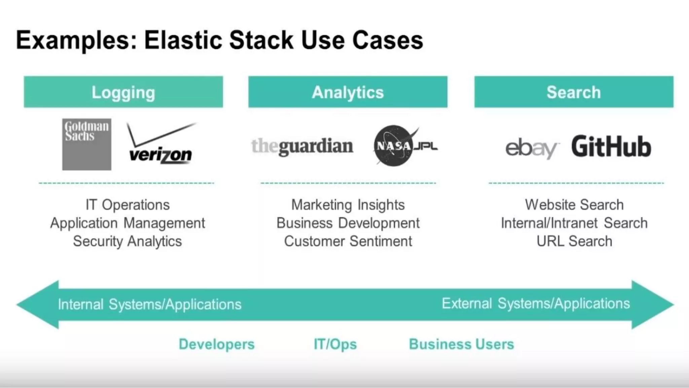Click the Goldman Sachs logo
pyautogui.click(x=86, y=144)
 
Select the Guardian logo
pyautogui.click(x=302, y=147)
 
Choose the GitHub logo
pyautogui.click(x=611, y=147)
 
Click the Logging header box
pyautogui.click(x=123, y=92)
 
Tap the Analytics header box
pyautogui.click(x=348, y=92)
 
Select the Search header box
pyautogui.click(x=574, y=92)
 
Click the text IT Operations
pyautogui.click(x=128, y=205)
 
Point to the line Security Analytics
pyautogui.click(x=128, y=241)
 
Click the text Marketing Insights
pyautogui.click(x=348, y=205)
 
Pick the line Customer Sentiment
pyautogui.click(x=348, y=241)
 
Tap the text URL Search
pyautogui.click(x=574, y=241)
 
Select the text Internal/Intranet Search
pyautogui.click(x=574, y=223)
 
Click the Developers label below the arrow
pyautogui.click(x=217, y=344)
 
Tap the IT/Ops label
pyautogui.click(x=335, y=344)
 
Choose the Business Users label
pyautogui.click(x=461, y=344)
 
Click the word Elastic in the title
pyautogui.click(x=183, y=40)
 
